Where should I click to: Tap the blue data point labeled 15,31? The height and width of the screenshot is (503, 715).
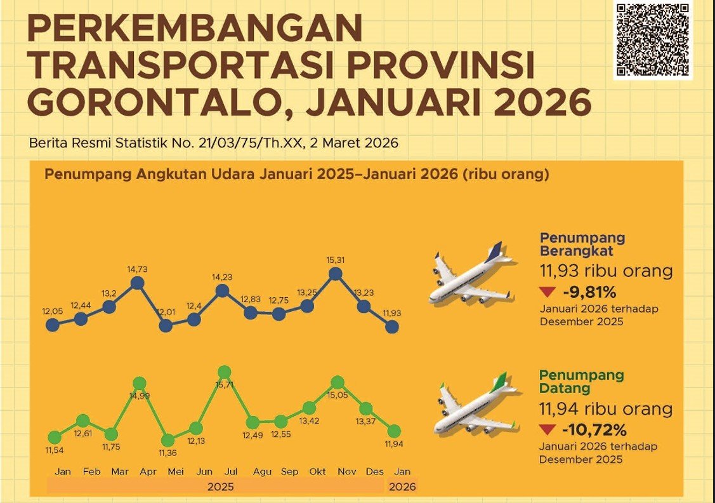pyautogui.click(x=336, y=274)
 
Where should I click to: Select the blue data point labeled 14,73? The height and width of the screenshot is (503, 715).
pyautogui.click(x=137, y=283)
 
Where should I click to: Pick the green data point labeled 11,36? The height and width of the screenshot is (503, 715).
pyautogui.click(x=168, y=440)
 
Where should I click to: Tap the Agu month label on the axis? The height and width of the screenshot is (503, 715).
pyautogui.click(x=262, y=473)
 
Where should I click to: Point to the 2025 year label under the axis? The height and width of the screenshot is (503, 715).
pyautogui.click(x=221, y=487)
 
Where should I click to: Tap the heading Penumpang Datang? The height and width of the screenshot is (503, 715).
pyautogui.click(x=581, y=381)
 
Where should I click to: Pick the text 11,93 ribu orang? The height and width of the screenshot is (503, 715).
pyautogui.click(x=606, y=272)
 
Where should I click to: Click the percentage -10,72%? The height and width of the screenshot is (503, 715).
pyautogui.click(x=594, y=430)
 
